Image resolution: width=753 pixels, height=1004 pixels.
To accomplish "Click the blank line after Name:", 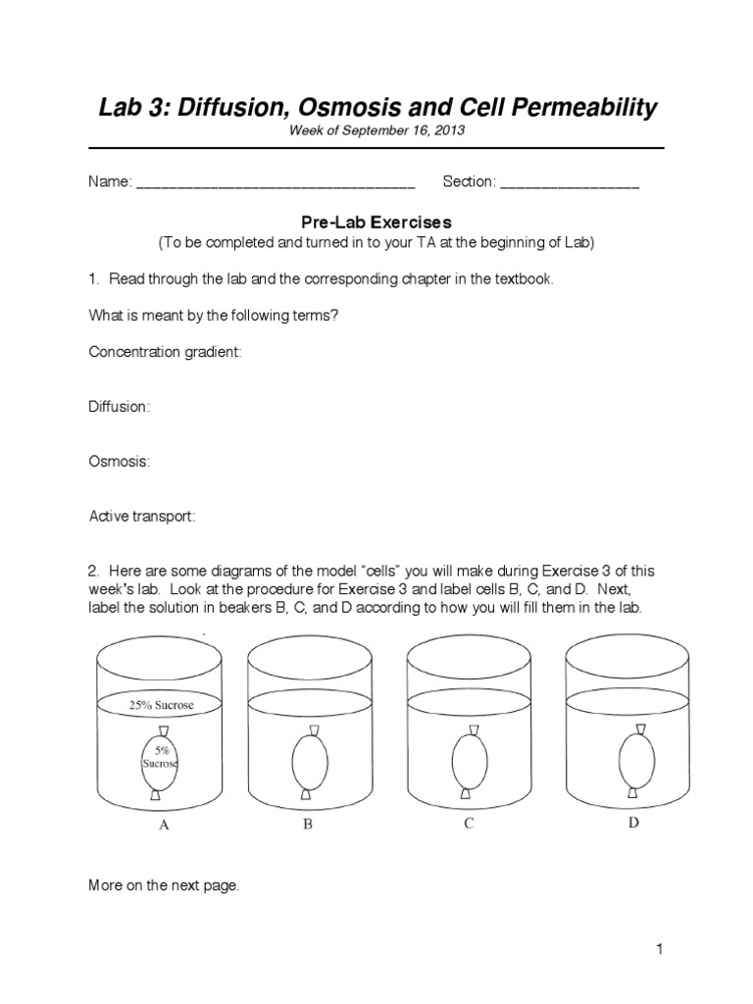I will click(x=275, y=183).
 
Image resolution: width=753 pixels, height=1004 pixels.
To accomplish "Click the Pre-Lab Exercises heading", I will click(x=376, y=223).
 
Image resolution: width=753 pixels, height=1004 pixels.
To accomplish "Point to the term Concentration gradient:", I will click(x=165, y=352).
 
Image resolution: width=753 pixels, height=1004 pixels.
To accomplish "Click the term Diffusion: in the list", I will click(x=120, y=407).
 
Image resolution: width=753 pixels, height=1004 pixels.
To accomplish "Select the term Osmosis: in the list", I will click(x=120, y=461).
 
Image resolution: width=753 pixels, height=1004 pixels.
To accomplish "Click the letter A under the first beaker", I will click(x=164, y=826).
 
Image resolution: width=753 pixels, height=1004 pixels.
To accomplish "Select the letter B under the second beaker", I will click(x=307, y=826).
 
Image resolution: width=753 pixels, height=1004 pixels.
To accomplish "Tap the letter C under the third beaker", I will click(x=469, y=824).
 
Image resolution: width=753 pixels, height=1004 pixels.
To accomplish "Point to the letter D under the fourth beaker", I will click(x=633, y=824).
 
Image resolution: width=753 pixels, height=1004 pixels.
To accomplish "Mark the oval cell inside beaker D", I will click(x=635, y=761).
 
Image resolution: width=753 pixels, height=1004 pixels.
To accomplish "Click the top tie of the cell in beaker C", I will click(x=472, y=731).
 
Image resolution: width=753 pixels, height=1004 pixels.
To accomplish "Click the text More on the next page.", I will click(x=164, y=885).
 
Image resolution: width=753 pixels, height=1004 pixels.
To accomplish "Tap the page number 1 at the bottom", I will click(x=661, y=949).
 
